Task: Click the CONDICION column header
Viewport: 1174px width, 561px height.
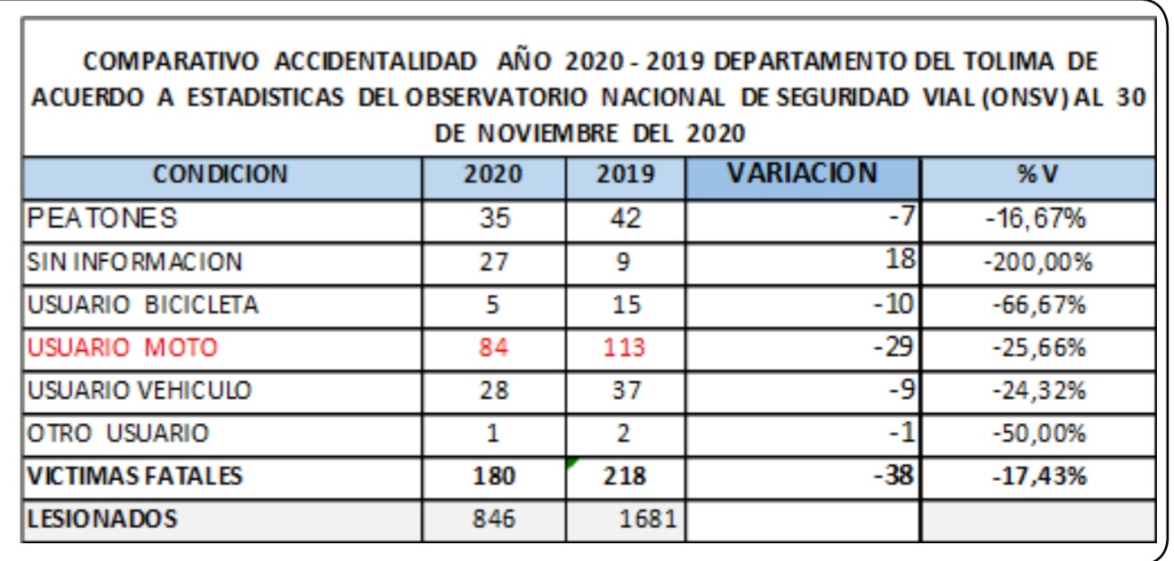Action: click(x=220, y=175)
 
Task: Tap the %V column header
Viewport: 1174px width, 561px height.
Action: click(x=1037, y=175)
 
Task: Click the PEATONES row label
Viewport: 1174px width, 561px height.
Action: click(x=102, y=218)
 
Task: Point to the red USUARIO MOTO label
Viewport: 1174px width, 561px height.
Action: click(x=122, y=347)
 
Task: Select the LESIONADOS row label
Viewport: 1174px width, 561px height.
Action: click(x=102, y=518)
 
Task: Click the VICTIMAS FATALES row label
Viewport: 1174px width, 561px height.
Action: click(x=134, y=476)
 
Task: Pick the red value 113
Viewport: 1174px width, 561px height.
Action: click(x=624, y=347)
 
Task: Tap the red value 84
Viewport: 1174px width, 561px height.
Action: click(x=494, y=347)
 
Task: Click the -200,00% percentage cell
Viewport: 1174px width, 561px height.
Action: click(x=1037, y=262)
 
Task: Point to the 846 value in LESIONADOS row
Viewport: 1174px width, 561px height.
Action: click(x=494, y=519)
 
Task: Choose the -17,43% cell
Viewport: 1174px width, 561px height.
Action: click(x=1037, y=476)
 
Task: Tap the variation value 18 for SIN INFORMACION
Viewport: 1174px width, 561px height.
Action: click(x=901, y=260)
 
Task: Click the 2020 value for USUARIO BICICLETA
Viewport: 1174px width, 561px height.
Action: click(x=494, y=305)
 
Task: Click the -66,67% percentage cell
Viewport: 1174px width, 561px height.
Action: click(x=1037, y=305)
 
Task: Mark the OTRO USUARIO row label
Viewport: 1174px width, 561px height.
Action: click(x=118, y=434)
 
